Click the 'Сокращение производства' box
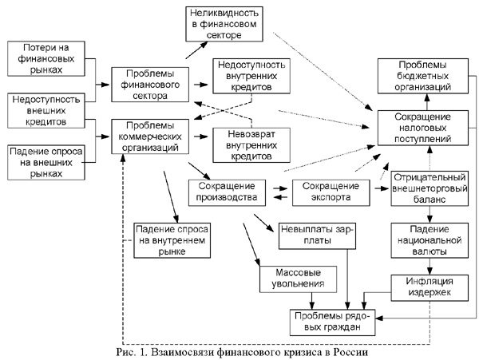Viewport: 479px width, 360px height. coord(227,192)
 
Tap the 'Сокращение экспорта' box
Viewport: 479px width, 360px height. coord(329,192)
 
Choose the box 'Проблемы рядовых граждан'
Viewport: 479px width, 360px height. coord(330,322)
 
